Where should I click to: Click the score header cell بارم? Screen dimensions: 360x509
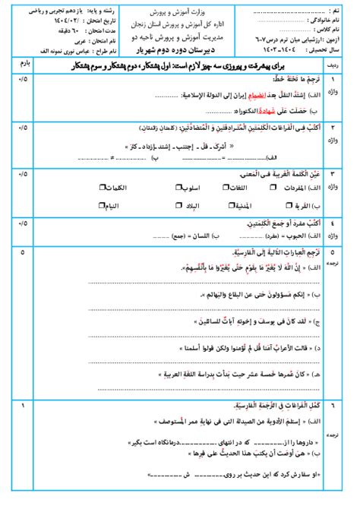point(22,67)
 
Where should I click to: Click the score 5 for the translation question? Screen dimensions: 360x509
point(22,251)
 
